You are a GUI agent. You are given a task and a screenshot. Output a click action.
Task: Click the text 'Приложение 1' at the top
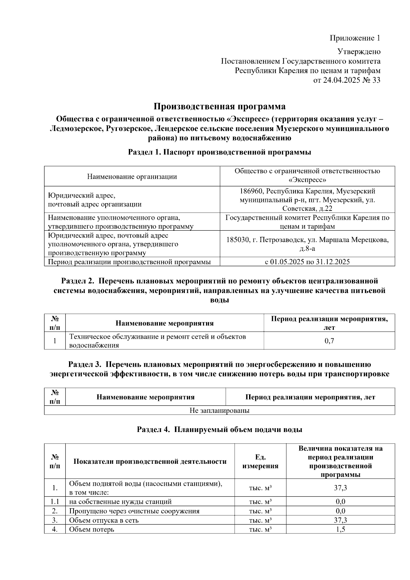coord(355,38)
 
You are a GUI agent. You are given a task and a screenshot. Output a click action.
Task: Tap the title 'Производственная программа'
coord(219,107)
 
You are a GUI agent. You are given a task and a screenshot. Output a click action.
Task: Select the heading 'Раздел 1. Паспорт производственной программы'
coord(219,152)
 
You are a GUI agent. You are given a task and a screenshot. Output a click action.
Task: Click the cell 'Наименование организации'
coord(132,177)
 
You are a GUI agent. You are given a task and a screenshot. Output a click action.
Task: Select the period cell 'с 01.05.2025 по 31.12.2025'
coord(307,262)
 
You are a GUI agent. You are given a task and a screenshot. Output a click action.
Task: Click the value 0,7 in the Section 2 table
coord(329,341)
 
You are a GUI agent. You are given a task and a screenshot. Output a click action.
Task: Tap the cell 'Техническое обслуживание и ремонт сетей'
coord(158,337)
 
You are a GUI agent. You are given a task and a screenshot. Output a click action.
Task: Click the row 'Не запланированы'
coord(219,410)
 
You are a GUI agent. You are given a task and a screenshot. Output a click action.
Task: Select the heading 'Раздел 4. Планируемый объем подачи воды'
coord(219,430)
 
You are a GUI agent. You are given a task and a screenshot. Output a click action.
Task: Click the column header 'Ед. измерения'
coord(260,461)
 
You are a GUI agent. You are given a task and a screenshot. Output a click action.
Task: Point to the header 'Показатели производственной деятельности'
coord(150,461)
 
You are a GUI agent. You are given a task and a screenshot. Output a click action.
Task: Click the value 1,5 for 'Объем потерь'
coord(340,529)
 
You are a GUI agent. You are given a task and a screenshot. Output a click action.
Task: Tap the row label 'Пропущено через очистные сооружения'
coord(134,511)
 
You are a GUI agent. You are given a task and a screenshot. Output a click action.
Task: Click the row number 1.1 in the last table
coord(55,502)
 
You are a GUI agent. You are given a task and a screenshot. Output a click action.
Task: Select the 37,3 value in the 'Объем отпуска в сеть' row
coord(340,520)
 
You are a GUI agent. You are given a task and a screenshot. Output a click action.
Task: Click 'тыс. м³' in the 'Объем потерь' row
coord(260,529)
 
